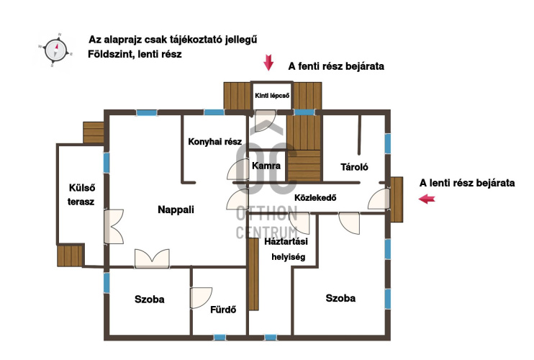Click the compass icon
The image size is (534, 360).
pos(56,50)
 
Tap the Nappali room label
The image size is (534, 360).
pos(176,210)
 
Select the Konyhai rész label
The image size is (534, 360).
pos(215,142)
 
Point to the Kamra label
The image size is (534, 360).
pos(266,166)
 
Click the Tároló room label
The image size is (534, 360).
pos(354,167)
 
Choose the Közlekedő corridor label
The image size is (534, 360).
pos(315,197)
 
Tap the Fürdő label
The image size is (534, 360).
pos(223,310)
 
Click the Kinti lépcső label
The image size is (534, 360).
pos(272,96)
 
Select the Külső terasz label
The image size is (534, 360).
pos(81,195)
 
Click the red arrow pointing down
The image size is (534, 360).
pos(268,63)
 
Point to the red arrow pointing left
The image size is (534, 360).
pos(427,199)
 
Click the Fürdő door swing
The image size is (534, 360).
pos(201,298)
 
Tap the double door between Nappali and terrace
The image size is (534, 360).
pos(114,227)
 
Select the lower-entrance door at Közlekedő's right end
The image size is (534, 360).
pos(379,199)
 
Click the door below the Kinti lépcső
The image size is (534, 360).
pos(266,120)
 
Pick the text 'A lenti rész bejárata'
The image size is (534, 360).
pos(467,183)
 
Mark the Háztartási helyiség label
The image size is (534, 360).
pos(286,249)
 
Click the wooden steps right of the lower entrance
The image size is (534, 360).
pos(397,199)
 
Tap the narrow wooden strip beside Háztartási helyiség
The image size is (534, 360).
pos(253,274)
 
